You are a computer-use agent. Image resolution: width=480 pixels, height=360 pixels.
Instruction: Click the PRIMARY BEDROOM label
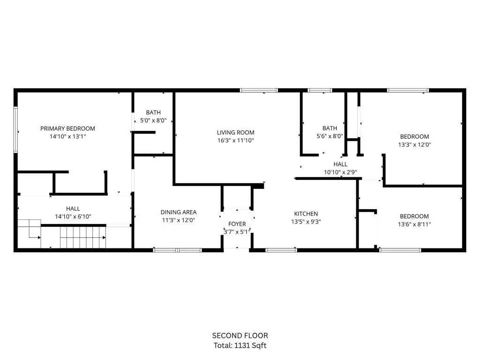[x=67, y=128]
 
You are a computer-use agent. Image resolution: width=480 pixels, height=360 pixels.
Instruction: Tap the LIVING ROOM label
[x=235, y=133]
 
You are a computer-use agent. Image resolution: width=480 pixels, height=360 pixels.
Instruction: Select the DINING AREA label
[x=179, y=212]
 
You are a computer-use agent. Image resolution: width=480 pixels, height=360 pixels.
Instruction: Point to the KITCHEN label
[x=306, y=214]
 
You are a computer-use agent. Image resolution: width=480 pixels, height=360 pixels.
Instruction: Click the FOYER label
[x=237, y=224]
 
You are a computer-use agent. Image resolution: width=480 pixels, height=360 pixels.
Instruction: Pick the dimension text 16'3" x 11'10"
[x=236, y=141]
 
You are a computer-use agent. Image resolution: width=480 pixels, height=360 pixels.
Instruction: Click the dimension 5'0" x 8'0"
[x=153, y=120]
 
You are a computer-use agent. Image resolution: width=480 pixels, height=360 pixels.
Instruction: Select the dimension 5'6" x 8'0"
[x=330, y=136]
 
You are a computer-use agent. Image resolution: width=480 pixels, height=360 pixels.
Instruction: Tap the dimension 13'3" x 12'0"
[x=414, y=144]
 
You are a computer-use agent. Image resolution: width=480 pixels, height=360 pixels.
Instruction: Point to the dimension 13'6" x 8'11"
[x=414, y=224]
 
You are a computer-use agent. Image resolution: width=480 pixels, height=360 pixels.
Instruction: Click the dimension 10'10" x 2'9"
[x=340, y=172]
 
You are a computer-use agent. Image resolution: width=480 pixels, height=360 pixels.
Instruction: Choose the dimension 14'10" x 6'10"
[x=73, y=217]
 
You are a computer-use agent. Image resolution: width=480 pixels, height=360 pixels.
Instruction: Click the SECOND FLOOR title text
[x=240, y=336]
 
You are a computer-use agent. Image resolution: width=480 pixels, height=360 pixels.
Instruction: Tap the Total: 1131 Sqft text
[x=240, y=345]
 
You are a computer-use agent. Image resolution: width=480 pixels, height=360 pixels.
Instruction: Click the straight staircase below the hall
[x=83, y=237]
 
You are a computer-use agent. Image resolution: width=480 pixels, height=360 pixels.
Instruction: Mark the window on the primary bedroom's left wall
[x=15, y=129]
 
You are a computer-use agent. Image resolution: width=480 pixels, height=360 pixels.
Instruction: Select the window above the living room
[x=259, y=90]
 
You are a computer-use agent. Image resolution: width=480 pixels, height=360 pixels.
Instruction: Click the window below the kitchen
[x=281, y=250]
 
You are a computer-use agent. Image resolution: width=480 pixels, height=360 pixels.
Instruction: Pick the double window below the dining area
[x=178, y=250]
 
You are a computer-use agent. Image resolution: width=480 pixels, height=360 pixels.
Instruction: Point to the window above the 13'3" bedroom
[x=408, y=90]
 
